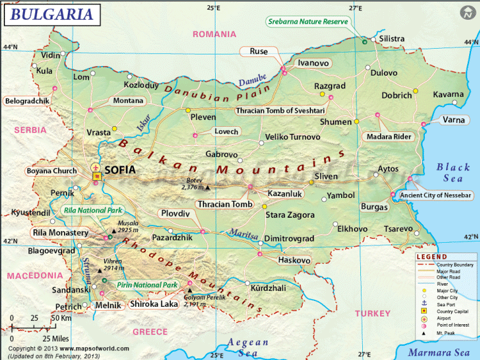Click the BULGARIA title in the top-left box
(x=49, y=13)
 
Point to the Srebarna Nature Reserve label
(x=308, y=21)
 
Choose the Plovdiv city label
(x=175, y=213)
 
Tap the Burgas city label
(x=374, y=207)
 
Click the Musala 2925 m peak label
(x=128, y=225)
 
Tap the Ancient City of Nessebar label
(x=435, y=195)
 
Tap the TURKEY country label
(x=373, y=313)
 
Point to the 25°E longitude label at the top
(x=213, y=8)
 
